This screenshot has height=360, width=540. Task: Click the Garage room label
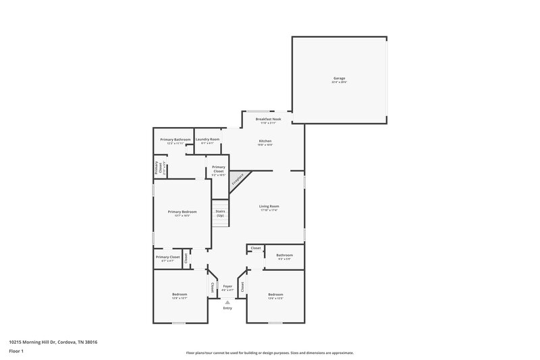(339, 78)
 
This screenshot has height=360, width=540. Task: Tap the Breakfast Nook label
(268, 119)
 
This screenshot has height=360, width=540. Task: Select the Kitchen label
(265, 140)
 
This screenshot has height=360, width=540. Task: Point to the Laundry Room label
(208, 139)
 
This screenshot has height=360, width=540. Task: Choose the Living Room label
(269, 206)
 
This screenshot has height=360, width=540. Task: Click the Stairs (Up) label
(220, 213)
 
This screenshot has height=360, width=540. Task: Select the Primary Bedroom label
(182, 211)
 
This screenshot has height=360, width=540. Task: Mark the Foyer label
(227, 286)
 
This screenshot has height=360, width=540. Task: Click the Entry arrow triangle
(227, 301)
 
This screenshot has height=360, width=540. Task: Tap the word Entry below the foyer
(227, 308)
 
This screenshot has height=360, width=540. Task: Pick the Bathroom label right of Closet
(284, 255)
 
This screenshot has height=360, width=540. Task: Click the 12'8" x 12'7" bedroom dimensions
(179, 298)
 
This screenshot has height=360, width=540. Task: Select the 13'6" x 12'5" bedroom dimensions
(275, 298)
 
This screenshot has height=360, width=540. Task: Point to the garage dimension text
(339, 82)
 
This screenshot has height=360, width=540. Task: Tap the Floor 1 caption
(16, 352)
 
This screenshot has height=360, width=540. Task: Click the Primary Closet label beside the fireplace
(219, 169)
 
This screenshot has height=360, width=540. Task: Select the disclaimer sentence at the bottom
(269, 353)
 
